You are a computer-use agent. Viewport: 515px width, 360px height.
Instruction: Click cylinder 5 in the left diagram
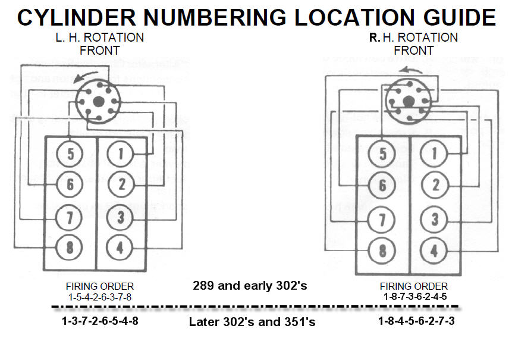point(70,155)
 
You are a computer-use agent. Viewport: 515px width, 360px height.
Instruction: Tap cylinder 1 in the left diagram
point(121,155)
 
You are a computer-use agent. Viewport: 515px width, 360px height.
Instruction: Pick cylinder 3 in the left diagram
point(121,218)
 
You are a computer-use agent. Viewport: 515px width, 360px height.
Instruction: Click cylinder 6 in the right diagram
point(381,186)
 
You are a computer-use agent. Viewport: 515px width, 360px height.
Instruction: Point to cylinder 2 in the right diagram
point(434,186)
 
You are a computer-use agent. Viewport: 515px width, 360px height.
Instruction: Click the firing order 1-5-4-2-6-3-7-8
point(100,296)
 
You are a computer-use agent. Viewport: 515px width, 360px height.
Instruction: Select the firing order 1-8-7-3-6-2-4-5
point(414,296)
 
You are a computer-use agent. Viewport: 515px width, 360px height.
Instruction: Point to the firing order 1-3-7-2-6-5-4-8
point(100,322)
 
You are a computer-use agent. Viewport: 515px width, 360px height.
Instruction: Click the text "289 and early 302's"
point(250,286)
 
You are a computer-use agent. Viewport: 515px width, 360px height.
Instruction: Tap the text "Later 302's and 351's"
point(252,323)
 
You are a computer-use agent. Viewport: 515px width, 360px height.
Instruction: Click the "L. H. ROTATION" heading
point(99,37)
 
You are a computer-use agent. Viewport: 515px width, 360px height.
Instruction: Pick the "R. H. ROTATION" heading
point(413,37)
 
